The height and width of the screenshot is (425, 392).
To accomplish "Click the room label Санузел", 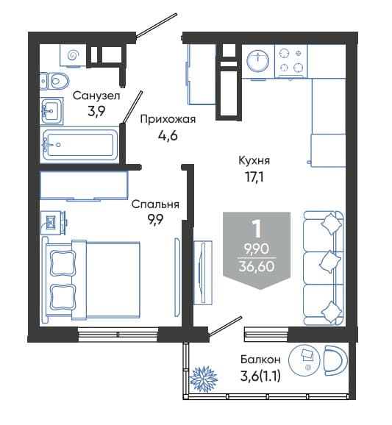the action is click(x=96, y=96).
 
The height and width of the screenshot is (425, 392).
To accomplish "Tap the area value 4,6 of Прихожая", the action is click(x=168, y=135).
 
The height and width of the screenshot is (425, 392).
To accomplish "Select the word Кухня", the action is click(x=254, y=160).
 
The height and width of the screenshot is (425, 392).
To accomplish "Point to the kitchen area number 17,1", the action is click(x=254, y=177).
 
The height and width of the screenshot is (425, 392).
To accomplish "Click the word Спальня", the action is click(x=155, y=204).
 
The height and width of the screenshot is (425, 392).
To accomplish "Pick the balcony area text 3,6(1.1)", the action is click(x=260, y=376).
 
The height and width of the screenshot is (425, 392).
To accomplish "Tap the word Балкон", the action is click(x=260, y=360).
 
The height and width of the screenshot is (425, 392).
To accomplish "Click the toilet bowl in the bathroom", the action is click(x=55, y=81).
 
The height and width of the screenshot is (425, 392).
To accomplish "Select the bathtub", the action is click(x=79, y=145).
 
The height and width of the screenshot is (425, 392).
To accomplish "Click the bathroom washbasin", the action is click(x=51, y=111).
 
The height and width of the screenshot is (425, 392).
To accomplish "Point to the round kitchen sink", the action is click(x=258, y=61).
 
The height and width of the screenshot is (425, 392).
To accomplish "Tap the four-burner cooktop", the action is click(x=291, y=61).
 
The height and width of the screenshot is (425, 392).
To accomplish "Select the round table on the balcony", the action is click(x=305, y=360).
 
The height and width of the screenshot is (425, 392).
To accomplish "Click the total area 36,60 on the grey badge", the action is click(x=257, y=266).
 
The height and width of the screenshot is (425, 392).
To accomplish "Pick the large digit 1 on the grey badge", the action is click(x=257, y=229).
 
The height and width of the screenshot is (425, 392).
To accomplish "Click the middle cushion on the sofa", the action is click(x=330, y=262).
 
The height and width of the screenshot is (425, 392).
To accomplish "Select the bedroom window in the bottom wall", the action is click(x=118, y=335).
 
